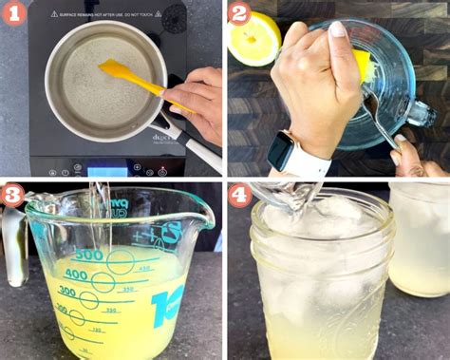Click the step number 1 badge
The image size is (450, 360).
pyautogui.click(x=14, y=14)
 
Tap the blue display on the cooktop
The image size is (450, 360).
pyautogui.click(x=106, y=171)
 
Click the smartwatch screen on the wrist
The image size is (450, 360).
pyautogui.click(x=281, y=152)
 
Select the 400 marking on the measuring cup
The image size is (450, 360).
pyautogui.click(x=75, y=276)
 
